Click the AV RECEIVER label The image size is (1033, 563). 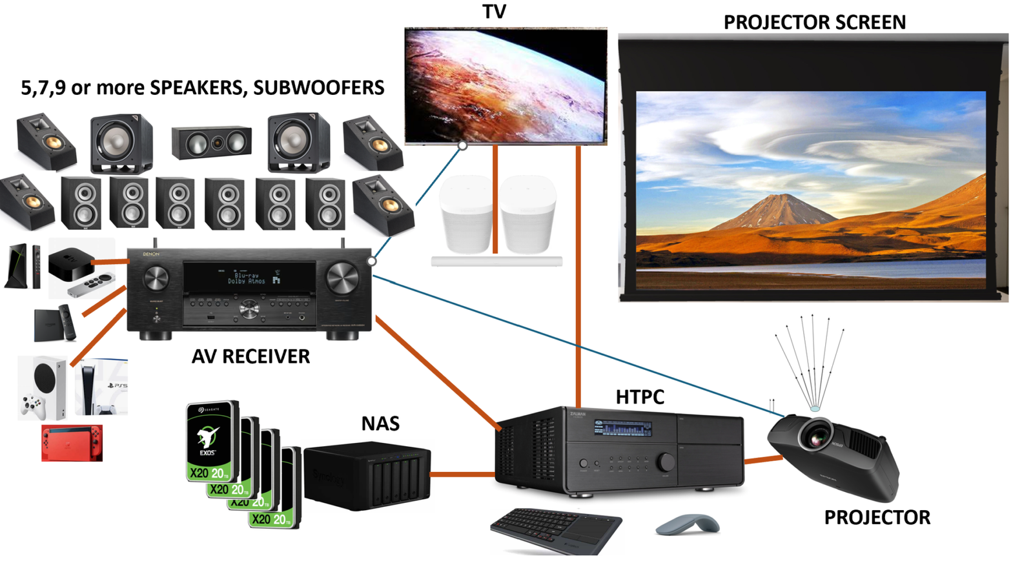point(251,356)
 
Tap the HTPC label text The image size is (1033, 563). point(639,396)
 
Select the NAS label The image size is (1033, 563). point(380,424)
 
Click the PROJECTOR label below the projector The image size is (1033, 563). point(877,517)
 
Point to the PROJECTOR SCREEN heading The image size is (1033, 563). point(814,23)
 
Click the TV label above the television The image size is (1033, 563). point(494,12)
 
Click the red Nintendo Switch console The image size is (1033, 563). point(72,442)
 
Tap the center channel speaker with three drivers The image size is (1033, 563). point(211,143)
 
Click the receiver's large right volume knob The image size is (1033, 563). point(342,277)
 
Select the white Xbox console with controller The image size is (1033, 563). point(42,387)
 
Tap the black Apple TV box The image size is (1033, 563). point(71,261)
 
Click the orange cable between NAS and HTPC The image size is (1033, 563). point(462,475)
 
